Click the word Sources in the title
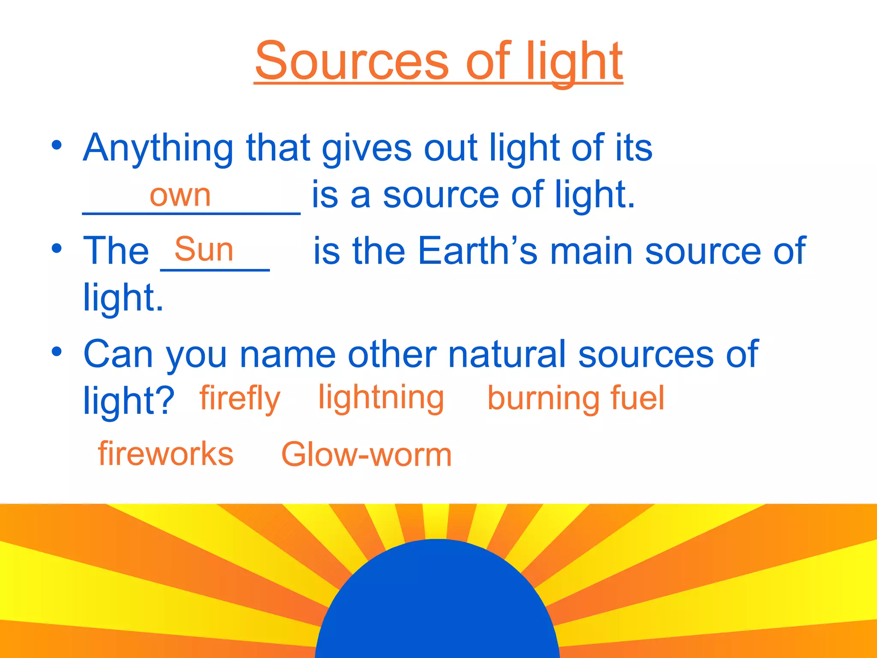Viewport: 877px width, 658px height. click(352, 61)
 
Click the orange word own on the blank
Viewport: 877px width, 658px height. click(180, 195)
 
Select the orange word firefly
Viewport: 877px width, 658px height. click(239, 399)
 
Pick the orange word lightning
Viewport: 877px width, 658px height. click(381, 398)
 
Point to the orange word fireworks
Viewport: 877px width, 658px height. click(166, 453)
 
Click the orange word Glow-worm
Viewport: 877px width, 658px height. click(366, 454)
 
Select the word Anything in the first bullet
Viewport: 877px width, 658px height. click(158, 148)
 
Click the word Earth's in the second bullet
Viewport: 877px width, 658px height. click(477, 251)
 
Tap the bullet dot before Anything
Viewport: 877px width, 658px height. click(57, 145)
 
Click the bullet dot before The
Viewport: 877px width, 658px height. click(57, 248)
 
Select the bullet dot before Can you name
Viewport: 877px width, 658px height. click(57, 351)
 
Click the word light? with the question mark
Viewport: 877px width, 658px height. click(128, 401)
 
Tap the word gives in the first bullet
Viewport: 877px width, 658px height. click(367, 148)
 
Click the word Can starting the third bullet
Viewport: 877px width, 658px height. click(118, 354)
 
